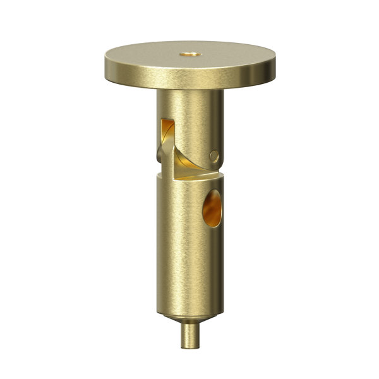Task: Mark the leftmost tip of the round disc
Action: pos(105,63)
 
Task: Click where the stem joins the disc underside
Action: pos(189,92)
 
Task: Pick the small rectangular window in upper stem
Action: pos(167,126)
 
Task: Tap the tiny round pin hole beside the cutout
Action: pos(214,155)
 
